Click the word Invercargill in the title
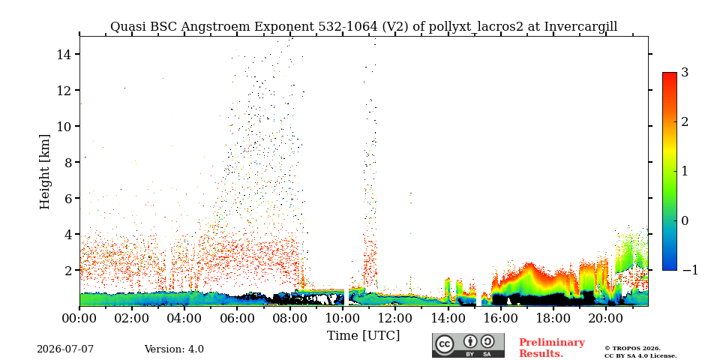point(580,27)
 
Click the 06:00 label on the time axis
point(237,317)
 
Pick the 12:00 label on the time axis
point(395,317)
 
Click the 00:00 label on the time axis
point(79,317)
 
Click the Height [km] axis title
point(44,172)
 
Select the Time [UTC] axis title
point(363,336)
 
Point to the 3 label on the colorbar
point(685,72)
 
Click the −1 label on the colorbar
point(690,270)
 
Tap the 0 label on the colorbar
point(685,220)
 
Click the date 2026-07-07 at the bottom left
point(65,349)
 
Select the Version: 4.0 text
point(174,349)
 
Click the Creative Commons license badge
point(468,345)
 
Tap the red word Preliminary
point(552,343)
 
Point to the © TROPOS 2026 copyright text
point(632,349)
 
